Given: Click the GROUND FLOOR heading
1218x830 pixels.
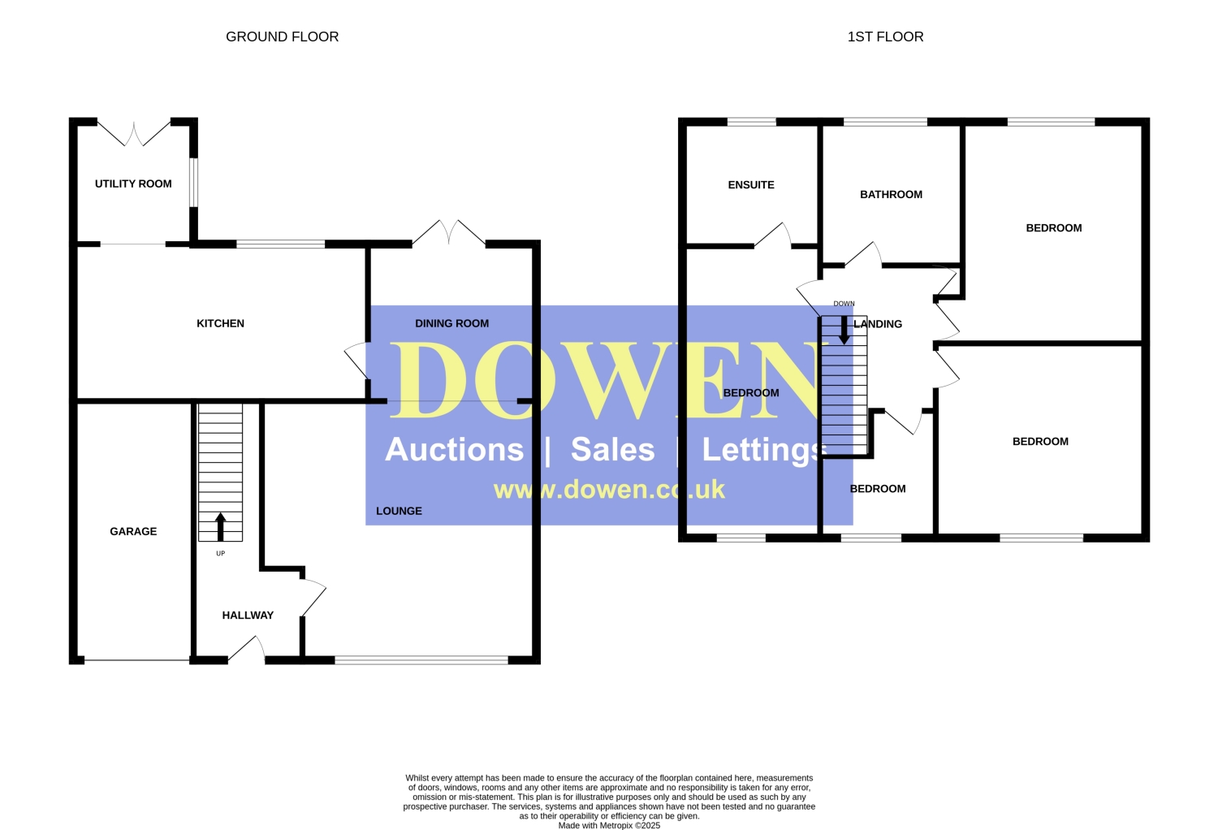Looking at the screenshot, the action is point(283,37).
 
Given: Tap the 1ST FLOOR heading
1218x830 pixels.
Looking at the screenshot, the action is point(885,37).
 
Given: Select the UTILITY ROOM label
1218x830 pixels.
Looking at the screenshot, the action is point(133,184).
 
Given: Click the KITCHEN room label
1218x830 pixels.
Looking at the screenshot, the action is point(220,323).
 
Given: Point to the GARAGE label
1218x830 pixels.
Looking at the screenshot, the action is point(133,531).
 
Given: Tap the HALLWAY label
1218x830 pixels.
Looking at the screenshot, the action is point(248,615).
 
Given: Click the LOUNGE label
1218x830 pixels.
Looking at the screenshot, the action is point(400,512).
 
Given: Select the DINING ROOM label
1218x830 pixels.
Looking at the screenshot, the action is point(451,323).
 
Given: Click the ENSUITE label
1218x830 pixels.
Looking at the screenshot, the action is point(751,185).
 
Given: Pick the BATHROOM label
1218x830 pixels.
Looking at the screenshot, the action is point(891,195).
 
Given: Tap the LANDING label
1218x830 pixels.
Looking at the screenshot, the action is point(878,324).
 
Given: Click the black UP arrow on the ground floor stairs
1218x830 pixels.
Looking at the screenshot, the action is point(220,526).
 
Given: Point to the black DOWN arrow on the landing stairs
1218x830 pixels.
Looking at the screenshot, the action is point(844,330).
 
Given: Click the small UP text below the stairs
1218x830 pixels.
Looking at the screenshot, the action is point(220,554).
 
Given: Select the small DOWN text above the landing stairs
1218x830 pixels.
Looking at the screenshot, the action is point(844,304).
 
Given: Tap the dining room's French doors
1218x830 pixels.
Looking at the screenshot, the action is point(449,232).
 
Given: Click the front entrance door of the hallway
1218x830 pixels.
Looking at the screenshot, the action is point(246,649).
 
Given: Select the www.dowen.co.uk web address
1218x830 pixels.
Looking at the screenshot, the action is point(609,490).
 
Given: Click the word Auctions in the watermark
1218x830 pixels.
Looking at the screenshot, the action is point(454,450).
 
